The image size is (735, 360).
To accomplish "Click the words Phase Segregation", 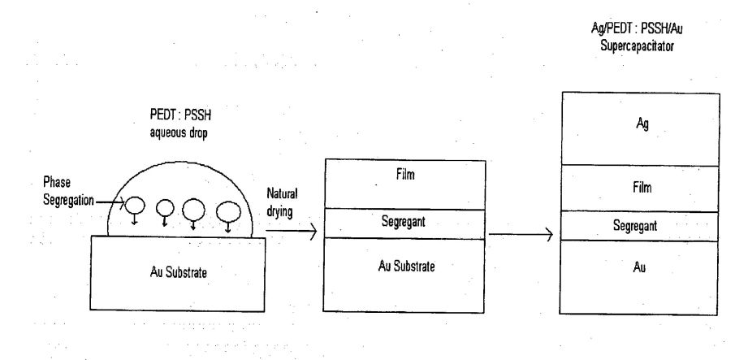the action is (68, 191).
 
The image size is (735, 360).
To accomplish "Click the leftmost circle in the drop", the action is (135, 206).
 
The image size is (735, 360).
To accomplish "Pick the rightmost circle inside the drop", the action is (229, 211).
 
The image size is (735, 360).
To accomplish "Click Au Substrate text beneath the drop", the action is (179, 272).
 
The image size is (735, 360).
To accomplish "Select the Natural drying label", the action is (282, 202).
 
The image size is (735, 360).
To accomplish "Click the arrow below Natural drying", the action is (292, 231).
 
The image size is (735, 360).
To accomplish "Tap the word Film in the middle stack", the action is (404, 175).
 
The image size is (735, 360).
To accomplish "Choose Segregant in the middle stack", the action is (403, 221).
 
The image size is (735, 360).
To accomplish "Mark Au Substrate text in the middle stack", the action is (406, 267).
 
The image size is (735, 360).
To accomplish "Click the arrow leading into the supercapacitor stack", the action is (521, 234).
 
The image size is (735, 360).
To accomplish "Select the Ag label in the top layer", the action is (642, 124).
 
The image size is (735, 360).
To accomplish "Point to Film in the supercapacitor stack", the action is (642, 188).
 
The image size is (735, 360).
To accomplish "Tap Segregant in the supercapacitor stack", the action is (635, 226).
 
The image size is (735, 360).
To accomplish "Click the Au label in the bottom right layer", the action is (639, 267).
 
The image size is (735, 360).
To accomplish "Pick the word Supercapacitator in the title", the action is (637, 46).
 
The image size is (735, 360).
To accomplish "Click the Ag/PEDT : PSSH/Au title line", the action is (637, 29).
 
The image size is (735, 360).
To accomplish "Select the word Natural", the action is (282, 193).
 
